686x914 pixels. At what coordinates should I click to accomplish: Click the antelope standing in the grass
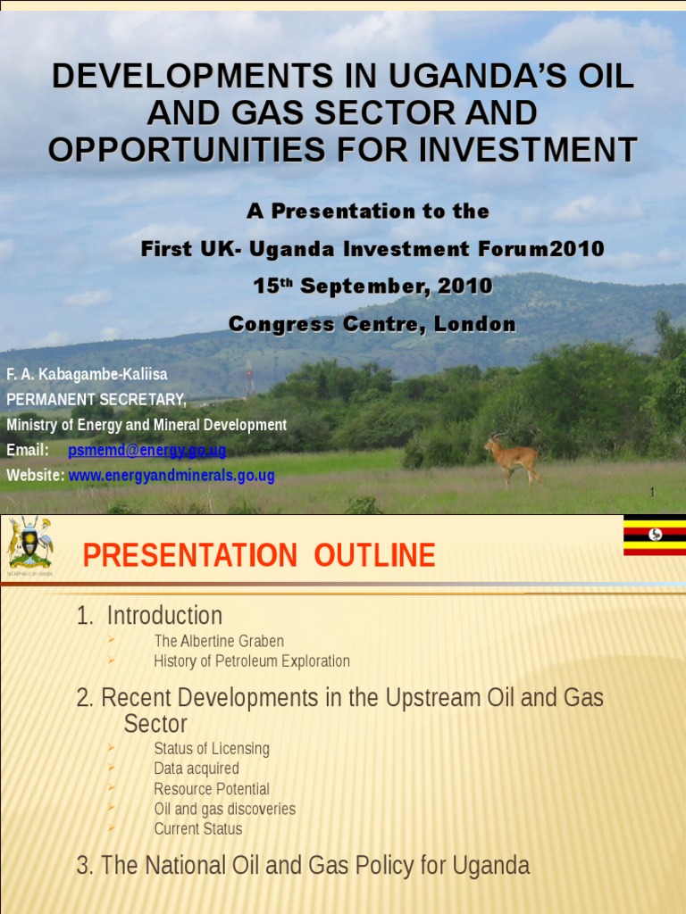coord(513,456)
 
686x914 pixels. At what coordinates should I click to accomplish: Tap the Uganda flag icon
coord(654,535)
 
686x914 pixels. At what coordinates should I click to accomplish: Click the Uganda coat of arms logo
coord(29,544)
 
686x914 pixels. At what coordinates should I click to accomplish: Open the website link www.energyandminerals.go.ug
coord(171,476)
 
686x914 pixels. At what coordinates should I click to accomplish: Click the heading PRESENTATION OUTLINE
coord(259,556)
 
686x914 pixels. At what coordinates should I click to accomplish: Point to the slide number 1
coord(652,494)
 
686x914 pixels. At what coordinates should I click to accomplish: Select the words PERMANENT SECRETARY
coord(96,398)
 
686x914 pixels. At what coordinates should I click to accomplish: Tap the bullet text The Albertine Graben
coord(219,641)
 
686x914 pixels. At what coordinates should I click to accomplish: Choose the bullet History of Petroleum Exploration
coord(252,661)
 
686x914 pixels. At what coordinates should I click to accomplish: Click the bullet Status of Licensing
coord(212,749)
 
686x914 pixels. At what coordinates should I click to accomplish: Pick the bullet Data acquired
coord(197,769)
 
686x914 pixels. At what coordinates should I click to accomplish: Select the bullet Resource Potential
coord(212,789)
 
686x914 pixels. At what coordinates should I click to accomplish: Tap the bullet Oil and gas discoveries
coord(224,810)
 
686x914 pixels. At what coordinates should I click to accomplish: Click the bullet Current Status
coord(198,829)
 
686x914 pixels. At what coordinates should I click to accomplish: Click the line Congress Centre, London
coord(372,325)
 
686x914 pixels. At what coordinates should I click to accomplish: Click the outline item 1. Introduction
coord(149,616)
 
